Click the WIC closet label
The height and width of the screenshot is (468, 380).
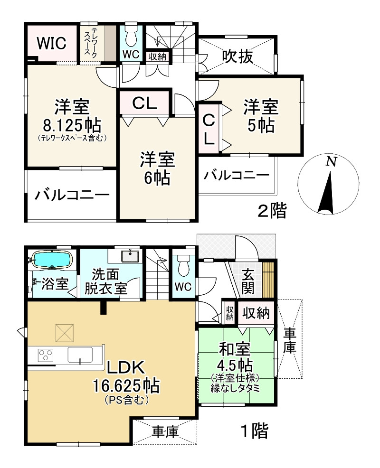(x=51, y=43)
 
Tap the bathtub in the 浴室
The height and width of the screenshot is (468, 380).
(x=52, y=260)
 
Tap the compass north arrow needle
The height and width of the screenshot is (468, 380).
(x=326, y=193)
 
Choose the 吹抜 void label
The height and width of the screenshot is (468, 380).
(x=238, y=56)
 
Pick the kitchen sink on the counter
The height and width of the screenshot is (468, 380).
(x=80, y=355)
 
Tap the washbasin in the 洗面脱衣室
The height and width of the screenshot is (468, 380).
(x=130, y=256)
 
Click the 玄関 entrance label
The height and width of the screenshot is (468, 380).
(x=248, y=281)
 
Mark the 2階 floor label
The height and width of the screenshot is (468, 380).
(x=272, y=211)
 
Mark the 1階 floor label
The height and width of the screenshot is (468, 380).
(x=255, y=431)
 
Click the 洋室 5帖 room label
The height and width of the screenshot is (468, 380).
(x=261, y=116)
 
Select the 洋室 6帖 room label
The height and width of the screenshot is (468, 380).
(x=157, y=168)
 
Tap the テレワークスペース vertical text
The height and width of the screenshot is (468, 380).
(x=91, y=41)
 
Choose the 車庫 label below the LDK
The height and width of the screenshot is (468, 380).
(x=165, y=432)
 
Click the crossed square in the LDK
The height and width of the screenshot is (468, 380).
(x=64, y=332)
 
